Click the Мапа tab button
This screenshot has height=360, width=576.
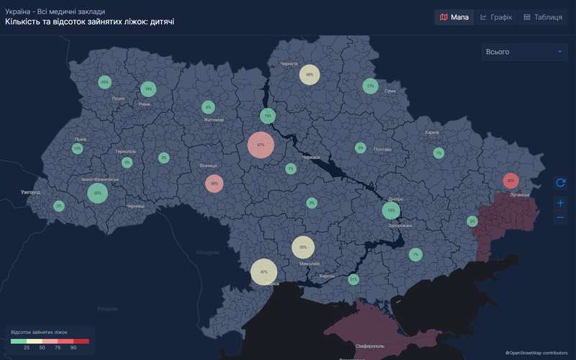tap(454, 17)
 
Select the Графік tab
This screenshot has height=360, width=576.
tap(496, 17)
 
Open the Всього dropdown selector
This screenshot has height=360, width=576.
tap(525, 52)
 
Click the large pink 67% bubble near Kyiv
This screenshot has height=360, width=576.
tap(261, 145)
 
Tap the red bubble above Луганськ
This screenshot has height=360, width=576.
tap(510, 180)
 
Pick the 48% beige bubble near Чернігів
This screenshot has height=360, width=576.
tap(310, 74)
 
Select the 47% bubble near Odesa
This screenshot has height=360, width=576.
tap(264, 272)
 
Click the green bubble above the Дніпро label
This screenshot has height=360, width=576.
tap(391, 211)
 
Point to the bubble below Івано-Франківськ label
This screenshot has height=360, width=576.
tap(97, 193)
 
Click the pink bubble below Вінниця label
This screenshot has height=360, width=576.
tap(214, 184)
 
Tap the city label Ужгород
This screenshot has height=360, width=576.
tap(30, 193)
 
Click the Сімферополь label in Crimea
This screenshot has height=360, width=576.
tap(369, 346)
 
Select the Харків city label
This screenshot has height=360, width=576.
tap(432, 132)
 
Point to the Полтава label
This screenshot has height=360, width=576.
tap(382, 149)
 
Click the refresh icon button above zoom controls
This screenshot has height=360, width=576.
tap(561, 183)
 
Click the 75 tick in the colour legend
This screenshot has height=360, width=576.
tap(58, 348)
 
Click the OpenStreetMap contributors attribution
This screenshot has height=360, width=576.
tap(536, 353)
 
